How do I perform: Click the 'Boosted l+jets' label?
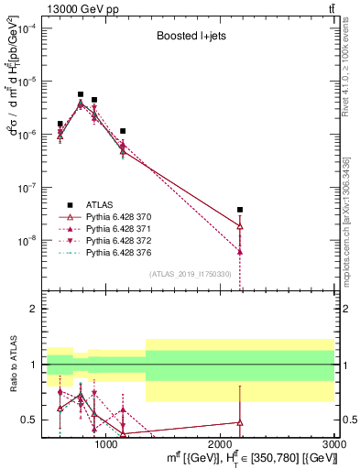(x=188, y=38)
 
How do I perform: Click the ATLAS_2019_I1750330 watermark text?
(x=191, y=273)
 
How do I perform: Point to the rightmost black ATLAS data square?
(x=240, y=210)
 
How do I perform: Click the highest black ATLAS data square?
(x=81, y=94)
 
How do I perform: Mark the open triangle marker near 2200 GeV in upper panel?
(x=240, y=225)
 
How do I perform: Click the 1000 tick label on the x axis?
(x=106, y=442)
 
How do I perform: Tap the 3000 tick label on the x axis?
(x=334, y=442)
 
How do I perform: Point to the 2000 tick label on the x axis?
(x=220, y=442)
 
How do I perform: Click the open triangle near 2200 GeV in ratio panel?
(x=240, y=422)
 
